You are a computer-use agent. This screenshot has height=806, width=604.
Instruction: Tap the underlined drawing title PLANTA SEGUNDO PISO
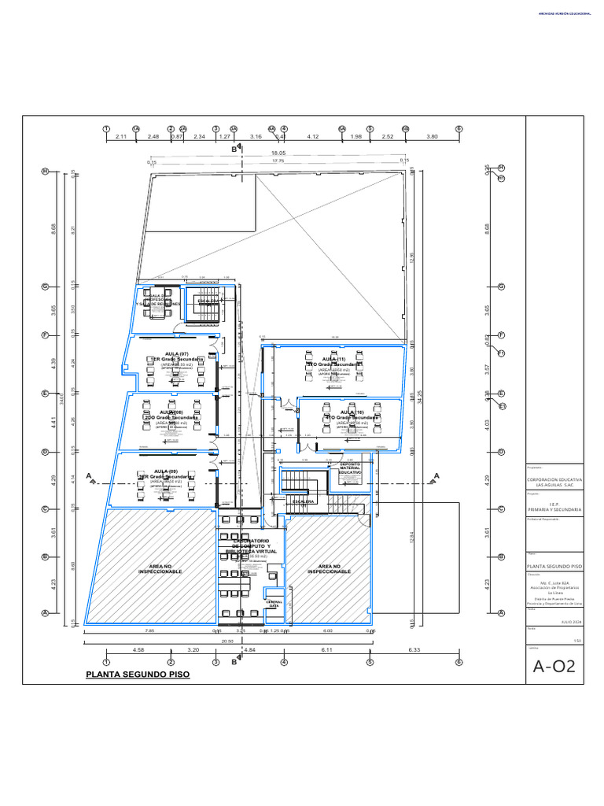pyautogui.click(x=138, y=675)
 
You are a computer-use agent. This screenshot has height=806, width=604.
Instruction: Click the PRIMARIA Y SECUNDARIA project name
pyautogui.click(x=554, y=510)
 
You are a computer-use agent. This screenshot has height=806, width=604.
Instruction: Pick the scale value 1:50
pyautogui.click(x=578, y=640)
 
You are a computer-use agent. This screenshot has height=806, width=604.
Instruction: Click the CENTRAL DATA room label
pyautogui.click(x=274, y=604)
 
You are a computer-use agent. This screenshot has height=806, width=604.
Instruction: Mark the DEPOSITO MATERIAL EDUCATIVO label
pyautogui.click(x=351, y=468)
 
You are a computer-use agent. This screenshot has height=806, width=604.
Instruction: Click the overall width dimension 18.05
pyautogui.click(x=278, y=154)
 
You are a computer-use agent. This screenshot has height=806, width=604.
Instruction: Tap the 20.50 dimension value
pyautogui.click(x=228, y=641)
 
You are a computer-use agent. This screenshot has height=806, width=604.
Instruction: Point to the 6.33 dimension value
pyautogui.click(x=415, y=650)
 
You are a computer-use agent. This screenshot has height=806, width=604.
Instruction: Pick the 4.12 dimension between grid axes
pyautogui.click(x=312, y=137)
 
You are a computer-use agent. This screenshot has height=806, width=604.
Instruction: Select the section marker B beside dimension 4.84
pyautogui.click(x=234, y=662)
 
